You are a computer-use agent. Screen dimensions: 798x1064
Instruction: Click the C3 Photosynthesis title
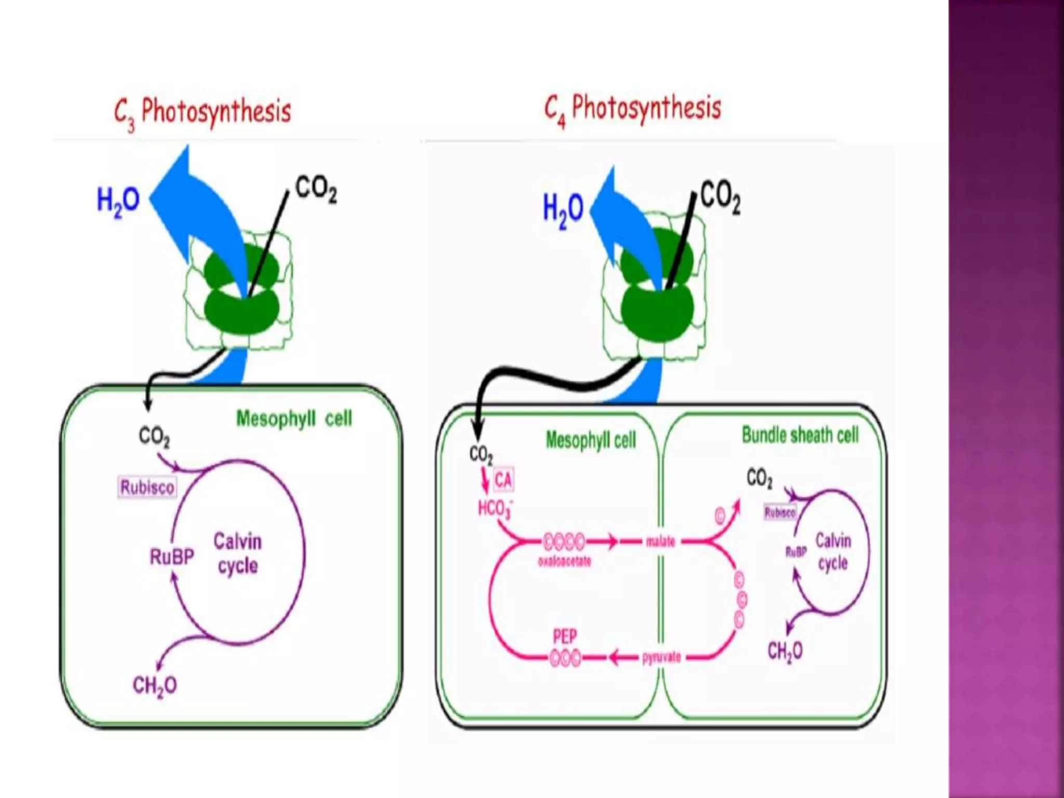pyautogui.click(x=203, y=112)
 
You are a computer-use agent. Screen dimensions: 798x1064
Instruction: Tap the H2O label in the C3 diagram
pyautogui.click(x=118, y=201)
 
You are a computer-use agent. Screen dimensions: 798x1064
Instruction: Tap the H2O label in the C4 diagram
pyautogui.click(x=563, y=210)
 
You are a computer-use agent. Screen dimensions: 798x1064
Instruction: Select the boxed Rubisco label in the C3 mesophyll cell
pyautogui.click(x=147, y=487)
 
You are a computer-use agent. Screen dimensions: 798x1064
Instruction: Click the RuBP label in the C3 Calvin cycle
pyautogui.click(x=171, y=557)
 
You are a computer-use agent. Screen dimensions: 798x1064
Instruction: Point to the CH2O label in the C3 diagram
pyautogui.click(x=155, y=685)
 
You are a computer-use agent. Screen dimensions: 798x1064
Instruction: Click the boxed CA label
pyautogui.click(x=503, y=480)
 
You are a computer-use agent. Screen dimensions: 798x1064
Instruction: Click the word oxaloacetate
pyautogui.click(x=564, y=562)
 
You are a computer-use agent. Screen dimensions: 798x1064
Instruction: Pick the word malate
pyautogui.click(x=660, y=542)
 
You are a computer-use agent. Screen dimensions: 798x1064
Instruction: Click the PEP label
pyautogui.click(x=565, y=637)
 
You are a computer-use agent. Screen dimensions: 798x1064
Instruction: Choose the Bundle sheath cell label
pyautogui.click(x=800, y=435)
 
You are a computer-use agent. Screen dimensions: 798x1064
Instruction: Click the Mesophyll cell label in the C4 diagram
pyautogui.click(x=591, y=441)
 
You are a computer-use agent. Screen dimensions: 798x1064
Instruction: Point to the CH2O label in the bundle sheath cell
pyautogui.click(x=785, y=651)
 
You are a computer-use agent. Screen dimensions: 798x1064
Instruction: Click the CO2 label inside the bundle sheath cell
pyautogui.click(x=759, y=477)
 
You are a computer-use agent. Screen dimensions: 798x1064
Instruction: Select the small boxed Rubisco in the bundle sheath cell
pyautogui.click(x=780, y=513)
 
